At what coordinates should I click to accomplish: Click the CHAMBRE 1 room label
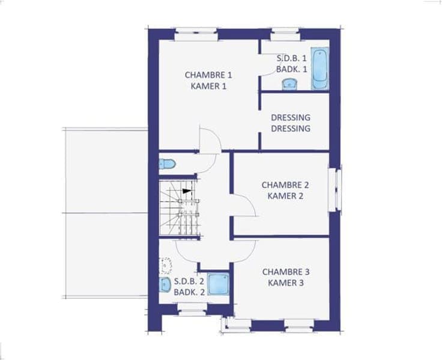click(208, 75)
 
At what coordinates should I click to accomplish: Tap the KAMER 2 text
click(285, 196)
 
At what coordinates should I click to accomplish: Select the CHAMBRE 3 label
click(286, 272)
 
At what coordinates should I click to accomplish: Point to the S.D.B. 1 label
click(291, 58)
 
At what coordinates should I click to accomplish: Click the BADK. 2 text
click(189, 292)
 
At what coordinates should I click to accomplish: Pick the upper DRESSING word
click(291, 117)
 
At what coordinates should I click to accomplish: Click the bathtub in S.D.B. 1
click(319, 69)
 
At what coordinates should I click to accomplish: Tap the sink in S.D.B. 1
click(289, 84)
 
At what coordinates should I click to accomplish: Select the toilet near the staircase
click(167, 163)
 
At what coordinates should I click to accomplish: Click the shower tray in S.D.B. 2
click(219, 284)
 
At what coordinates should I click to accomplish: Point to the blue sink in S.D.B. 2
click(165, 284)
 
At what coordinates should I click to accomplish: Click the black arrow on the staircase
click(186, 191)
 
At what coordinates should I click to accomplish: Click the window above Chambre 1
click(196, 34)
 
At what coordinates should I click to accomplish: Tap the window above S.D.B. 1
click(285, 34)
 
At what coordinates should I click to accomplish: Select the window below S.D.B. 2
click(192, 310)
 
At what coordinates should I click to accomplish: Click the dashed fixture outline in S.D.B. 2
click(166, 265)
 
